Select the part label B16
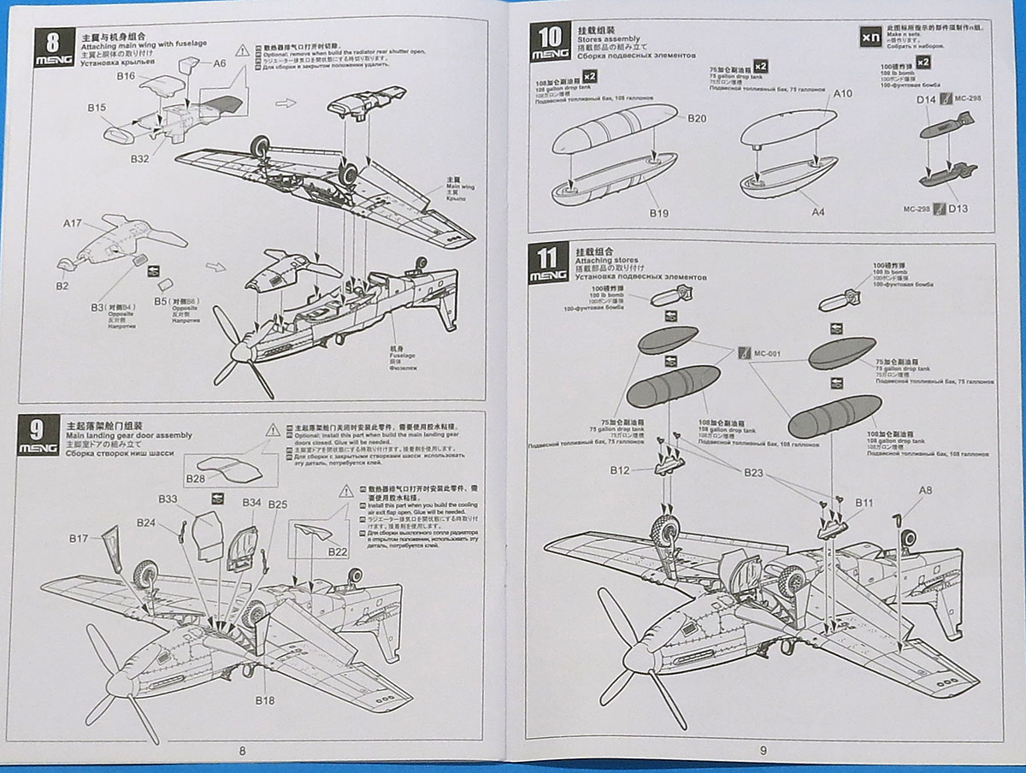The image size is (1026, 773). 127,76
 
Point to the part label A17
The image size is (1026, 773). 72,224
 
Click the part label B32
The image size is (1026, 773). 140,159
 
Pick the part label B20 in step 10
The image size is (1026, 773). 696,118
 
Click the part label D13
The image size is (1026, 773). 958,209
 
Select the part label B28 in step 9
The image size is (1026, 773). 195,479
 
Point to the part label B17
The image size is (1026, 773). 79,538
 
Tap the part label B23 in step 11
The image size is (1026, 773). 753,471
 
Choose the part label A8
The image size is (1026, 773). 925,490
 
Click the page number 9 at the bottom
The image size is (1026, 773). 762,751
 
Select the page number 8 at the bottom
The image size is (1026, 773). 242,751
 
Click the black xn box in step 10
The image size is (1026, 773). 870,38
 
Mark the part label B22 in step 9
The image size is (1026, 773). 338,553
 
